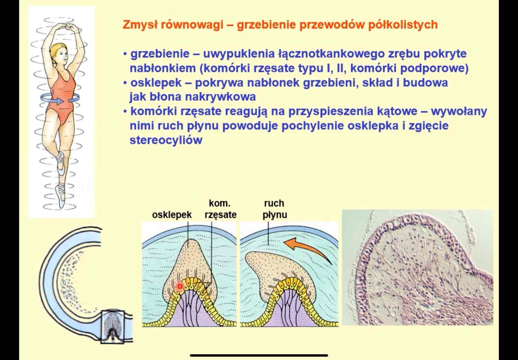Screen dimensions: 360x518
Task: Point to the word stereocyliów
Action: click(x=166, y=140)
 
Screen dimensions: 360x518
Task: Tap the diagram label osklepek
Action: click(x=172, y=215)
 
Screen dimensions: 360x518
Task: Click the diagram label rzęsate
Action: click(x=220, y=215)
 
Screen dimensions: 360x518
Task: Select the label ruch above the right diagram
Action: click(x=274, y=203)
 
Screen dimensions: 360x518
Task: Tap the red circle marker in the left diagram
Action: click(x=179, y=286)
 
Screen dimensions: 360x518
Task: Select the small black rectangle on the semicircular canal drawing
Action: click(x=112, y=326)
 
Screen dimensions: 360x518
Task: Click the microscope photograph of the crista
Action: click(x=417, y=267)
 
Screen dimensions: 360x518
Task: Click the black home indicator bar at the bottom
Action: click(x=259, y=355)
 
